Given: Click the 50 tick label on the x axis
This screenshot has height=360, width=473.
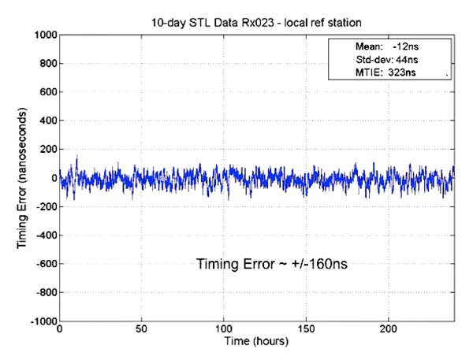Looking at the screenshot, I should point(142,330).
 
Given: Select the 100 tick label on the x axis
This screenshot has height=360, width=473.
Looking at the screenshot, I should point(225,330).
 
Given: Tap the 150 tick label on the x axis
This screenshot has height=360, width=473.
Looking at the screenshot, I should point(307,330).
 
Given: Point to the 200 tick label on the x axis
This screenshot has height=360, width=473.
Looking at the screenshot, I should point(389,330).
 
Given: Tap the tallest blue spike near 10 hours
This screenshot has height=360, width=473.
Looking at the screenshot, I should point(76,158).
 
